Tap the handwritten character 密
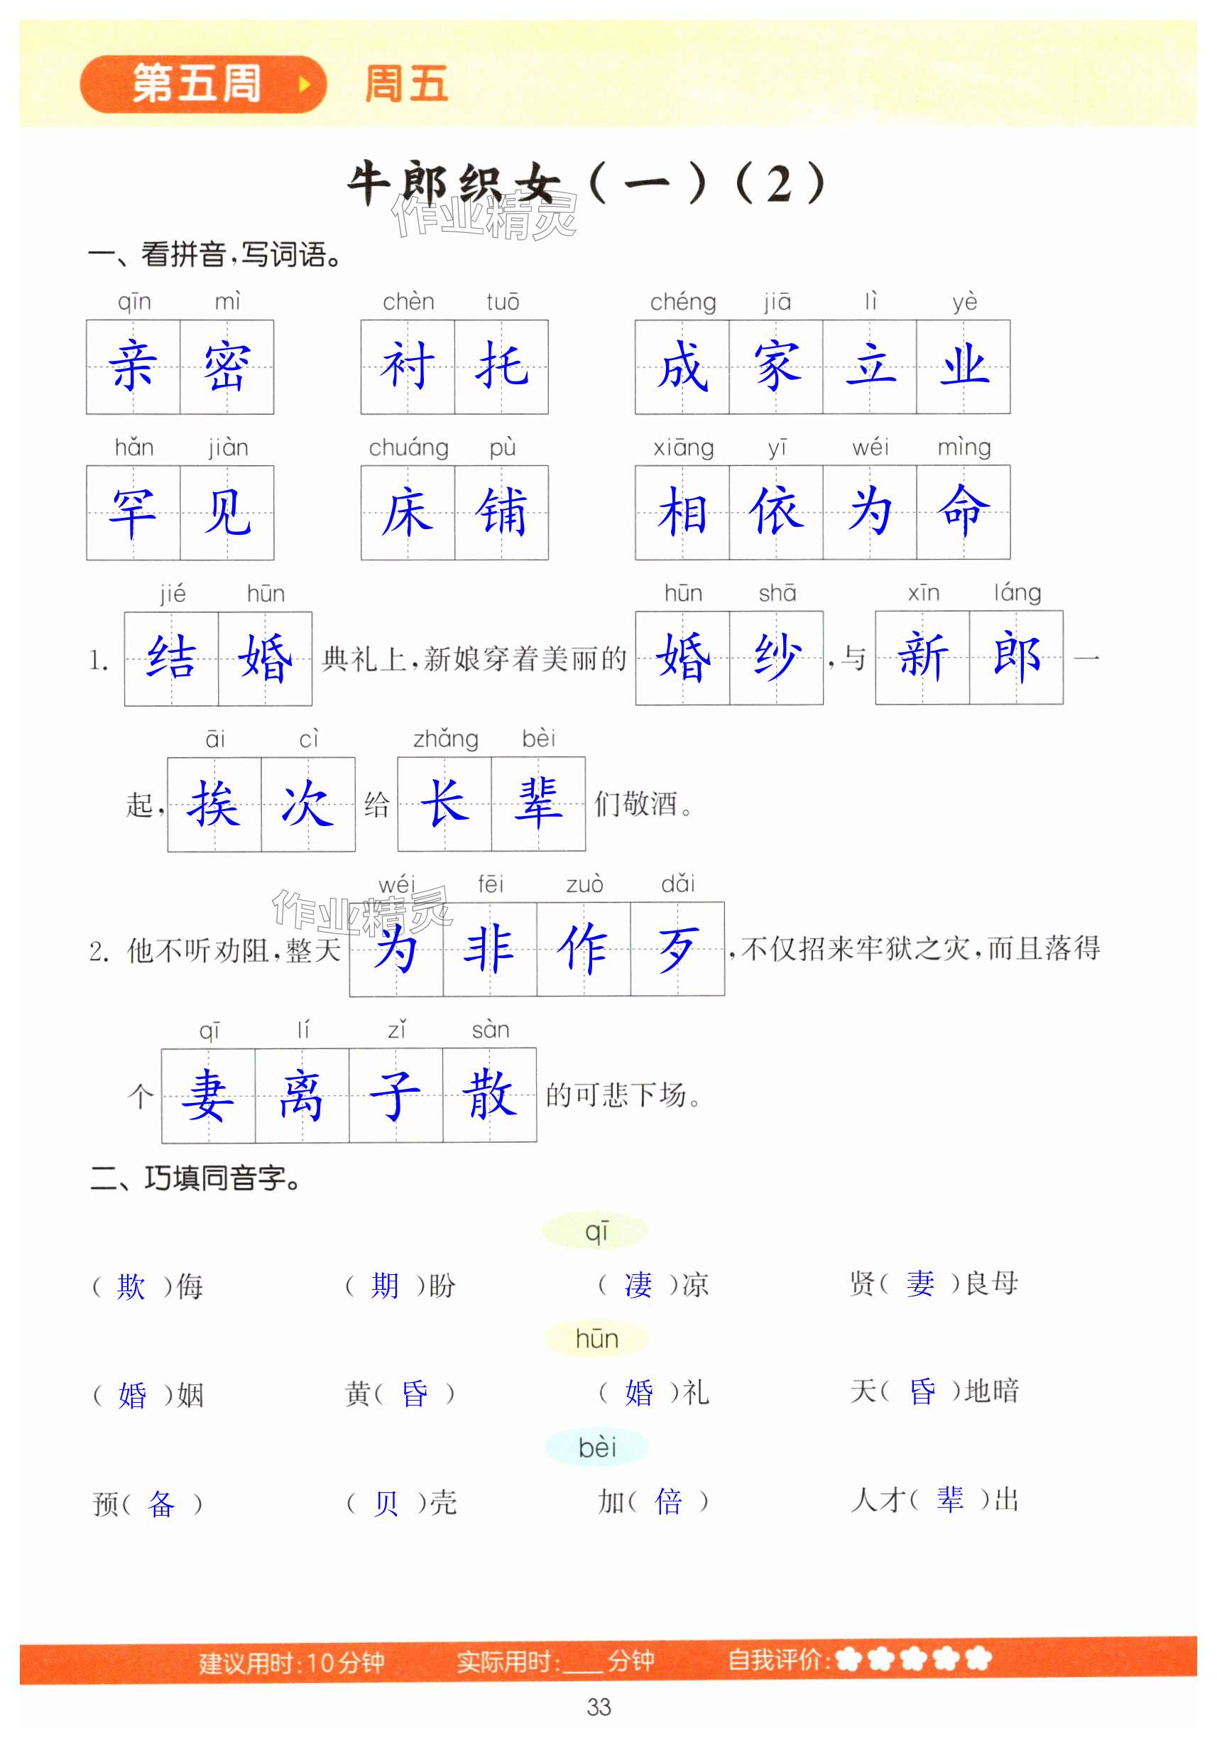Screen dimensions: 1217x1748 tap(227, 367)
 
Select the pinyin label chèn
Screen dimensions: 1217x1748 tap(408, 303)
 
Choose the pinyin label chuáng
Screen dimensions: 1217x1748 tap(409, 447)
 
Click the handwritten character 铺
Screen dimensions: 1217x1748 tap(501, 512)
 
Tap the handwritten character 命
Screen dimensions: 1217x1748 tap(964, 511)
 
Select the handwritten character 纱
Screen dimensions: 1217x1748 tap(776, 657)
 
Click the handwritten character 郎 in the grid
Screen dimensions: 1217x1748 tap(1016, 656)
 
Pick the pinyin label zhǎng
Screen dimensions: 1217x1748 tap(445, 739)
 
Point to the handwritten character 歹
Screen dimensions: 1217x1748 tap(677, 949)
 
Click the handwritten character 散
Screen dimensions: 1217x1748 tap(489, 1095)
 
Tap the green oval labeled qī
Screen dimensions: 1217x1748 tap(595, 1231)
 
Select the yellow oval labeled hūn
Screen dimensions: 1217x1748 tap(596, 1338)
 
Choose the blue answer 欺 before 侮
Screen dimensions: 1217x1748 tap(131, 1286)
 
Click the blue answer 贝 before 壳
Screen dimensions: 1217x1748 tap(385, 1503)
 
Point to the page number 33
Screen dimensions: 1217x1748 tap(599, 1707)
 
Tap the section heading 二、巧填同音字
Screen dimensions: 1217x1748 tap(197, 1178)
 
